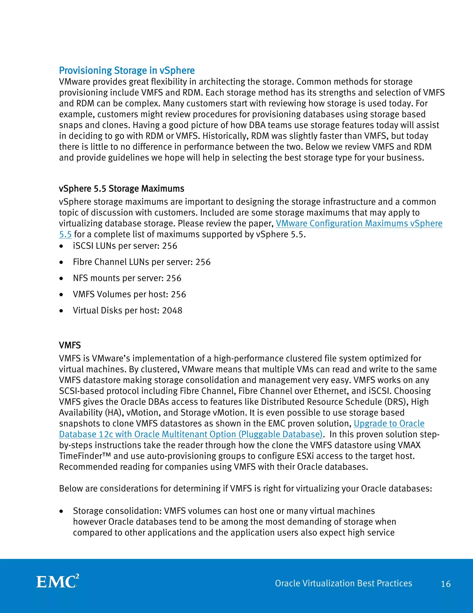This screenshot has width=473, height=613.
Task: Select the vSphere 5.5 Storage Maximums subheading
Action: (121, 189)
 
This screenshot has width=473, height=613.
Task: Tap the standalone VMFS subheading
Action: (70, 345)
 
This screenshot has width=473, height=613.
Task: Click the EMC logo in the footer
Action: (58, 582)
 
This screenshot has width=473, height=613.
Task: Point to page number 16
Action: (446, 584)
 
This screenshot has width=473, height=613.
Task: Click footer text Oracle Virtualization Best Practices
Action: (343, 583)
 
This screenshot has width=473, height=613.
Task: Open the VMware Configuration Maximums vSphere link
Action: (359, 223)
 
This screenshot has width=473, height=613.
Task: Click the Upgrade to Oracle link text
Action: (389, 424)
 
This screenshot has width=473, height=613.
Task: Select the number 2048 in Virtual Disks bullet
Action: (172, 311)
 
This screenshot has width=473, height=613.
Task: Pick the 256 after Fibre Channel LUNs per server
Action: (203, 262)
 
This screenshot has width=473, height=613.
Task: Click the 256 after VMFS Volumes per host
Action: (178, 294)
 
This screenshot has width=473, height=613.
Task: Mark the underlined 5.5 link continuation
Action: (65, 234)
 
